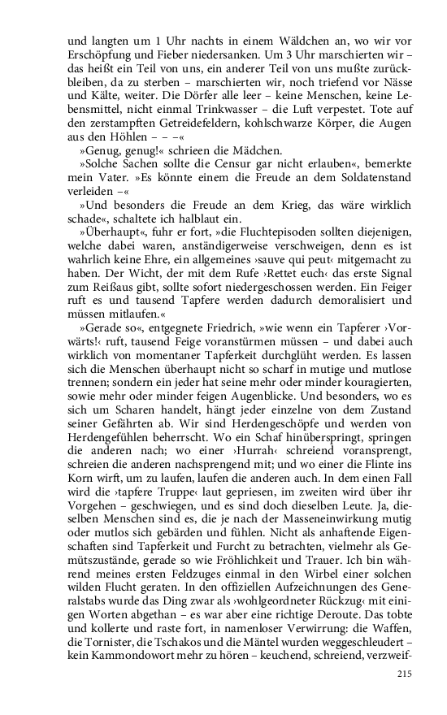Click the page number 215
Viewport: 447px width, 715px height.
coord(406,674)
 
